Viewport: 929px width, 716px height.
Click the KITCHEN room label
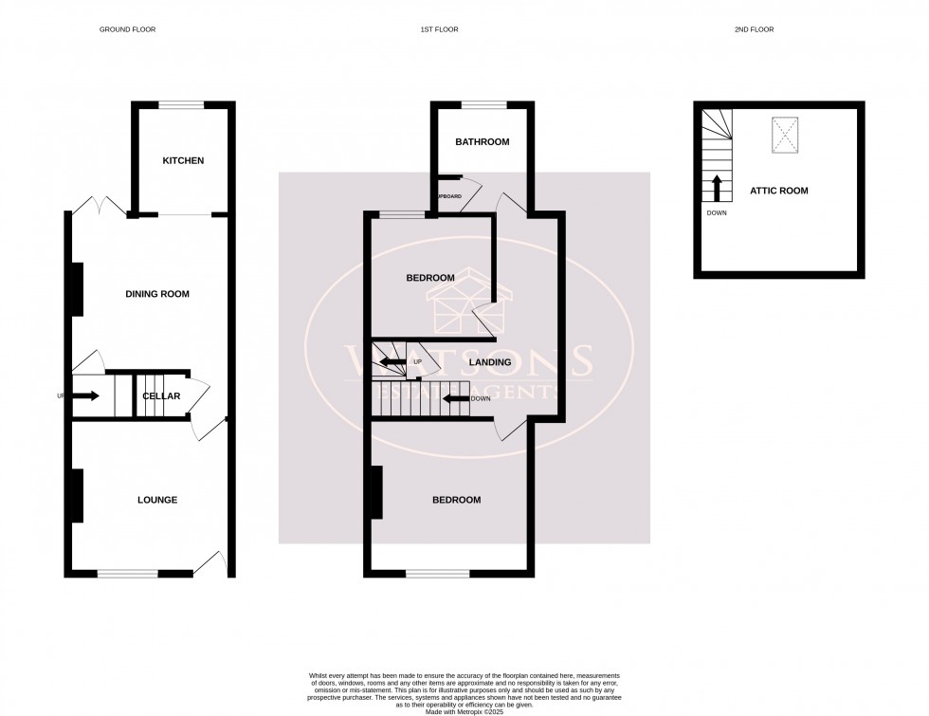click(x=183, y=161)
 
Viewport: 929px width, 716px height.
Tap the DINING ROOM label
click(x=157, y=294)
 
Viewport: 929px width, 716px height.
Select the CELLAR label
click(x=161, y=395)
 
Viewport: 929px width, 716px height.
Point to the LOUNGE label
click(x=157, y=500)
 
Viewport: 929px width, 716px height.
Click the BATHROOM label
click(x=483, y=142)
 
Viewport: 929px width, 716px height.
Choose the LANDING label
click(x=490, y=362)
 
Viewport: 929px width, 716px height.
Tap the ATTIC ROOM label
click(x=779, y=191)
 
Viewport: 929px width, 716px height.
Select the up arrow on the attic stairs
click(x=717, y=187)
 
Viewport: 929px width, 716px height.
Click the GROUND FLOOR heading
click(x=128, y=29)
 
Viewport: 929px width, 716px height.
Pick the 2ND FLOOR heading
click(x=754, y=29)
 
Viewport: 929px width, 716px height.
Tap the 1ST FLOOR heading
click(x=439, y=29)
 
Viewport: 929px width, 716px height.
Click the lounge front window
click(x=128, y=573)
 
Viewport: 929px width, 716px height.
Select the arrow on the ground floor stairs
click(x=84, y=395)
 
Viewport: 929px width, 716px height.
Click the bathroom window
click(x=483, y=102)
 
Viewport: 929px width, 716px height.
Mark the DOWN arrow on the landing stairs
click(x=457, y=398)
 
